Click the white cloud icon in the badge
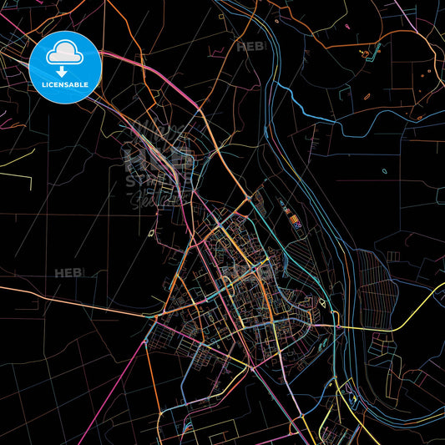(x=63, y=53)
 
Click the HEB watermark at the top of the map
(x=250, y=47)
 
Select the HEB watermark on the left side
(x=68, y=273)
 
